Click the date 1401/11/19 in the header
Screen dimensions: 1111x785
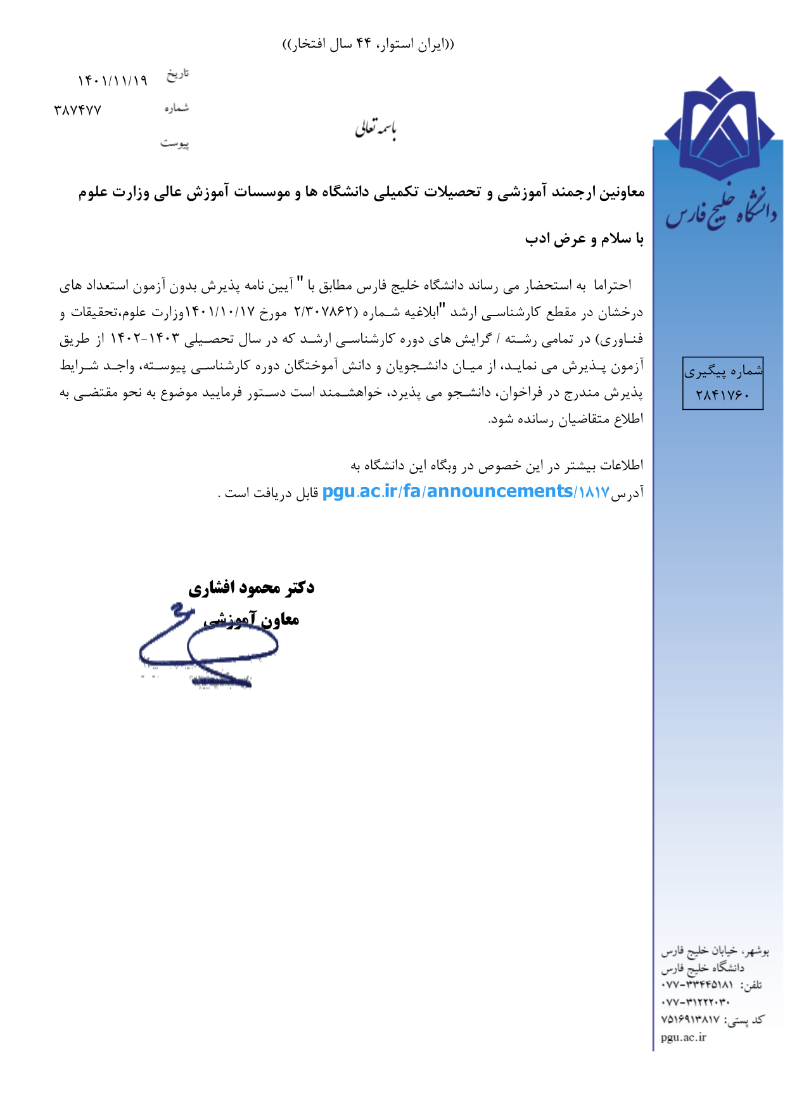[112, 81]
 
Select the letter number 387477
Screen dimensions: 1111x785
[77, 111]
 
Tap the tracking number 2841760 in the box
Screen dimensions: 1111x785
[722, 395]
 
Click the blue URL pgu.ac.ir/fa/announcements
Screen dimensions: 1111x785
[447, 492]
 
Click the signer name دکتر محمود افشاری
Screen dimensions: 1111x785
[251, 588]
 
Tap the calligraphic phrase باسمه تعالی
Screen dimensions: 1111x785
[375, 129]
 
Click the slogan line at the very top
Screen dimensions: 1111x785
[368, 44]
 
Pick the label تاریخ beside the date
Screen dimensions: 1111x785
[177, 74]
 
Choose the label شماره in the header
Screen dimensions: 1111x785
[176, 108]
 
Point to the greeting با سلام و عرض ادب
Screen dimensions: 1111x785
[584, 239]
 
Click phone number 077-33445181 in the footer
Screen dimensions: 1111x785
[697, 986]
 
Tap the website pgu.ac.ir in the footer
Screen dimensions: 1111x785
[683, 1037]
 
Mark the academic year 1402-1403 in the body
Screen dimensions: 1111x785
[145, 340]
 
